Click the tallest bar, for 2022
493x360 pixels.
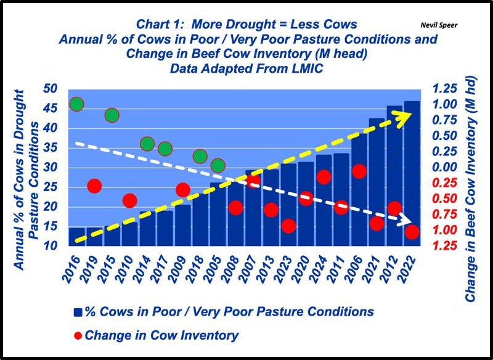point(412,173)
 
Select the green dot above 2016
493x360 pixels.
point(76,104)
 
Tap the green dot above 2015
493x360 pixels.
point(112,115)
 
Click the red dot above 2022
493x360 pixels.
point(412,232)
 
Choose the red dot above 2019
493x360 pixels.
point(94,186)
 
